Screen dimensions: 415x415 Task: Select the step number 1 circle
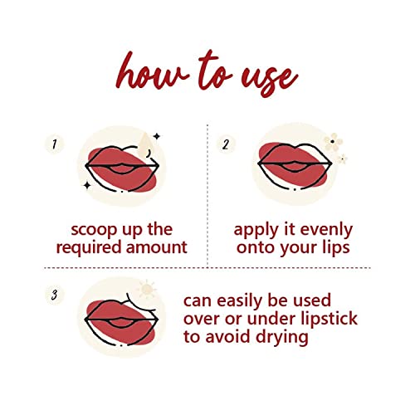click(54, 144)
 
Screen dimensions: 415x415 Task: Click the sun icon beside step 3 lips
click(147, 289)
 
